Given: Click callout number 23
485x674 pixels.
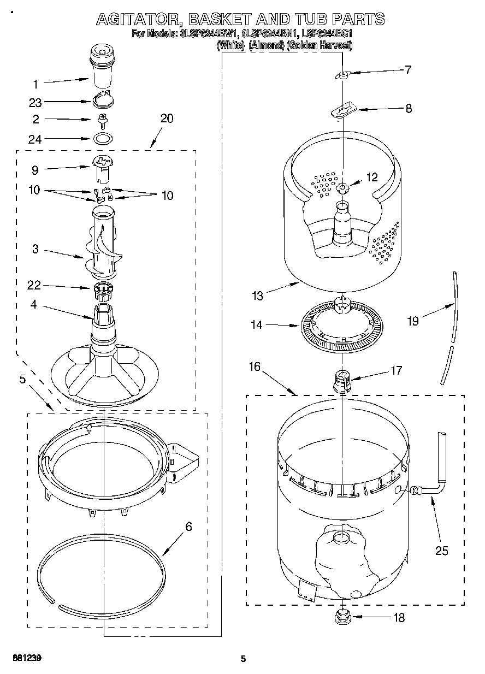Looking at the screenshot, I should (x=36, y=102).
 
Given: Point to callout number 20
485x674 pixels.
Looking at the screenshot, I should (x=167, y=118).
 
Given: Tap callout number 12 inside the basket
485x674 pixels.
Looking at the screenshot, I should (x=372, y=178).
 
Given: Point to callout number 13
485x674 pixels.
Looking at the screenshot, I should (x=257, y=296).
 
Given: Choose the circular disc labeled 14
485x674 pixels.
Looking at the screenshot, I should (x=341, y=327).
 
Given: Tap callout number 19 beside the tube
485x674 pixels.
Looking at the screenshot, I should (x=413, y=321).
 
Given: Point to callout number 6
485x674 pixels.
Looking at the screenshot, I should (x=188, y=527).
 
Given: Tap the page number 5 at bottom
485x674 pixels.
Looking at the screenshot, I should (x=243, y=659).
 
